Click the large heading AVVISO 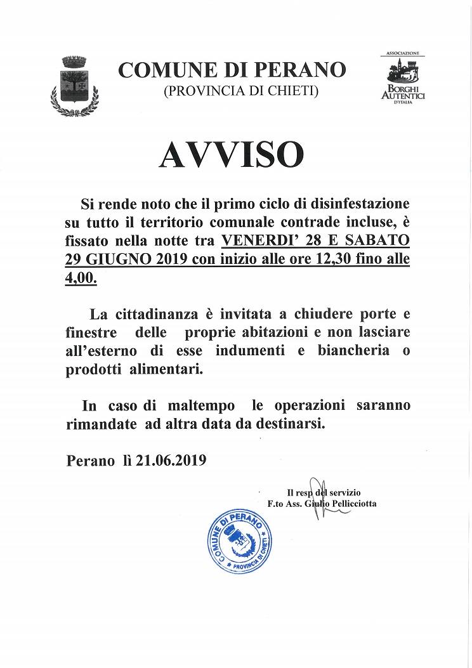tap(231, 154)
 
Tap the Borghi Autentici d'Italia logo tap(402, 79)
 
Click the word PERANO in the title tap(308, 70)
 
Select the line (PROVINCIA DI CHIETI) tap(240, 91)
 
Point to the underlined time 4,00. tap(81, 278)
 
